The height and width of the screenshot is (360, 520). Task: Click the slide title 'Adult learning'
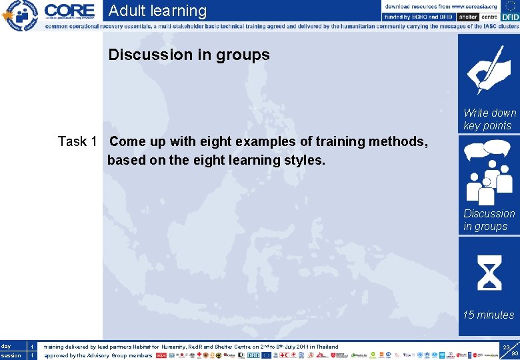click(x=157, y=11)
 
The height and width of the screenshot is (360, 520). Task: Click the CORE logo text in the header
click(x=70, y=11)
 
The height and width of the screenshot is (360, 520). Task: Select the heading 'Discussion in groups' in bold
click(x=189, y=55)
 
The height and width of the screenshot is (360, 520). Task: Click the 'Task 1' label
click(x=77, y=141)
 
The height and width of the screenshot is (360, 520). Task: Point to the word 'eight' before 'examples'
click(x=209, y=141)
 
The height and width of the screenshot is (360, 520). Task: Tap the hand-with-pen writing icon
click(x=489, y=69)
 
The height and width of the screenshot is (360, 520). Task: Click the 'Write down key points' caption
click(x=489, y=119)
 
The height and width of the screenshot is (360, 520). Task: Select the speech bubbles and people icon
click(x=489, y=171)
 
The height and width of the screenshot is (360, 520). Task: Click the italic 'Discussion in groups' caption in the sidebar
click(x=489, y=220)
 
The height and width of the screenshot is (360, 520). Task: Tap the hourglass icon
click(x=489, y=273)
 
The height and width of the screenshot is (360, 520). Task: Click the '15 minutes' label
click(x=489, y=315)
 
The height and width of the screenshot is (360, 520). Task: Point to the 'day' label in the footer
click(x=6, y=346)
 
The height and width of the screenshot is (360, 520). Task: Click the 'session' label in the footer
click(x=11, y=355)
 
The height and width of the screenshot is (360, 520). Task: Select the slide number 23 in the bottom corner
click(x=507, y=348)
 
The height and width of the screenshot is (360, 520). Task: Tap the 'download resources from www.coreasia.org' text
click(x=441, y=6)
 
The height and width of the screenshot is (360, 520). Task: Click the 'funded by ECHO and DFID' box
click(x=419, y=17)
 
